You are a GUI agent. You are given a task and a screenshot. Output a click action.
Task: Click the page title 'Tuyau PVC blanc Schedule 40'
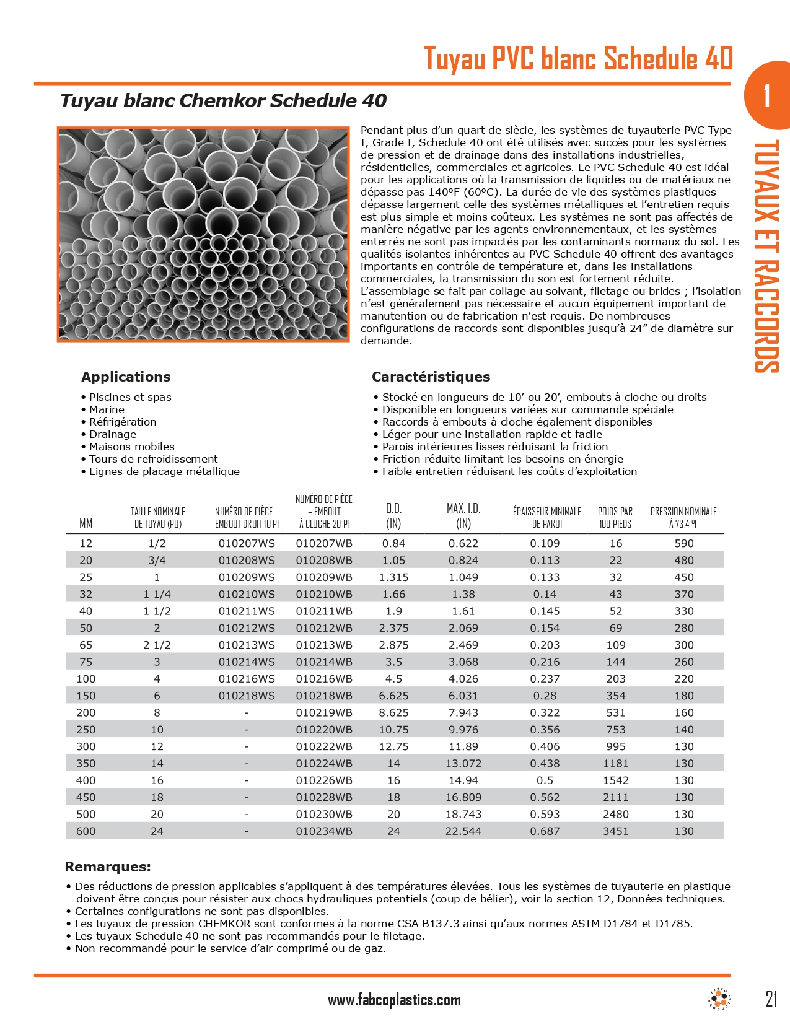point(578,59)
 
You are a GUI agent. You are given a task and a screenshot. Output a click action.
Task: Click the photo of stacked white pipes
point(204,234)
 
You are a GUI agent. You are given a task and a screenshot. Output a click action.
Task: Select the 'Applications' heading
point(126,377)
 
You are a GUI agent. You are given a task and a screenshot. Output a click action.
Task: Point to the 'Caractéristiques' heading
point(431,377)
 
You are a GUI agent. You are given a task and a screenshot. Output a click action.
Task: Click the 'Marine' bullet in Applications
point(107,409)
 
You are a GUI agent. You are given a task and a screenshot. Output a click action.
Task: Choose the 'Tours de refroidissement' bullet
point(153,459)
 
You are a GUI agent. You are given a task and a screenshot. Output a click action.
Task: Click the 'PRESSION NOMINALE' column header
point(683,517)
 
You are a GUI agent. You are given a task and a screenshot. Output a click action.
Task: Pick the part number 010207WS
point(247,543)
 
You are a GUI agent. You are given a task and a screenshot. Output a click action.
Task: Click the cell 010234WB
point(324,831)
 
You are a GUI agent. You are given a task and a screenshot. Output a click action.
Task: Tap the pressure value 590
point(684,543)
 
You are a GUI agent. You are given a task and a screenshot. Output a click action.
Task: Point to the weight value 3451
point(616,831)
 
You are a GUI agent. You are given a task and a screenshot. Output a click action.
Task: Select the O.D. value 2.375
point(393,628)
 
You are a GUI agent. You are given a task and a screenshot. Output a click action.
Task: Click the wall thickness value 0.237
point(545,679)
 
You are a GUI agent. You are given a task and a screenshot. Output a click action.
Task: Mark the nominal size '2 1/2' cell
point(157,645)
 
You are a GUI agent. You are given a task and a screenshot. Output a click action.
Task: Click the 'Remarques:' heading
point(108,867)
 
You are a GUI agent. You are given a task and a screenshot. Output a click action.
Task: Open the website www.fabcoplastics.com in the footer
point(394,1000)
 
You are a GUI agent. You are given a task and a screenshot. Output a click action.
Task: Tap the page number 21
point(771,999)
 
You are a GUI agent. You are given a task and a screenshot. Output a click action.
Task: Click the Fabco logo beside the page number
point(719,998)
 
